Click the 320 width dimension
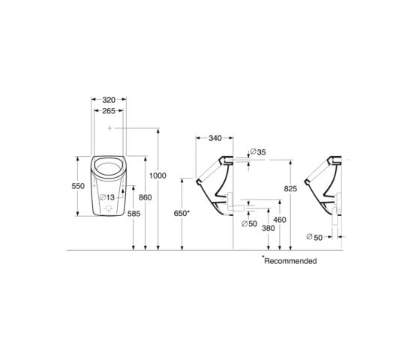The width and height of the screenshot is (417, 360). (x=109, y=100)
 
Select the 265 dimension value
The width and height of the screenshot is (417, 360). (x=109, y=111)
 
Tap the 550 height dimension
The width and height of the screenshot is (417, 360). (x=78, y=186)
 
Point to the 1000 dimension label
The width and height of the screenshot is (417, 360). (x=157, y=175)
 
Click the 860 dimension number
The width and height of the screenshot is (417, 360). (x=145, y=197)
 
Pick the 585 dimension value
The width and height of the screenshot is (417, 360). (x=133, y=214)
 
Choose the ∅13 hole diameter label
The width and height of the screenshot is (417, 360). (x=107, y=197)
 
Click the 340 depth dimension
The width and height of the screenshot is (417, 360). (x=215, y=138)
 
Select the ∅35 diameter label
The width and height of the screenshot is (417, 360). (x=258, y=152)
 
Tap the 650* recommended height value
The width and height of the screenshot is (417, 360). (x=181, y=213)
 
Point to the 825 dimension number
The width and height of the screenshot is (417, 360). (x=290, y=188)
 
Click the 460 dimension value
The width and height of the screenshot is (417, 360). (x=280, y=220)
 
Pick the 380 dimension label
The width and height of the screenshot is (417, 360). (x=268, y=228)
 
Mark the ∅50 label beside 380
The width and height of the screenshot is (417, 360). (x=250, y=223)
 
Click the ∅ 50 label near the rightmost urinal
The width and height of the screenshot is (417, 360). (x=314, y=237)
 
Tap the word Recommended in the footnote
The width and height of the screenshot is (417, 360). (x=290, y=261)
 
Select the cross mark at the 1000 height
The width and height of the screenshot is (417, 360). (x=109, y=128)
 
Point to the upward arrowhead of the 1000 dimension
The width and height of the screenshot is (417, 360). (x=158, y=130)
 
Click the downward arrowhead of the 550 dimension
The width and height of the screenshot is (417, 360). (x=78, y=214)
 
